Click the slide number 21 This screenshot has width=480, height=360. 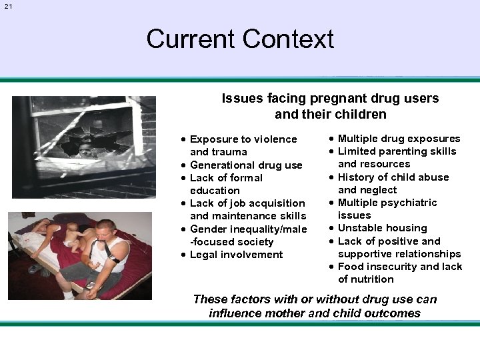pos(8,6)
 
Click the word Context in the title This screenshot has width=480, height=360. pos(289,39)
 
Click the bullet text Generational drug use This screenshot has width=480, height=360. pos(246,165)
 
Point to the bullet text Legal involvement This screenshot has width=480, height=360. pos(236,255)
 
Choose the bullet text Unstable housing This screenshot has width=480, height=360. pos(382,228)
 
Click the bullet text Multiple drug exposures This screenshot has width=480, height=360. pos(399,139)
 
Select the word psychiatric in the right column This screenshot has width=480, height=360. pos(412,203)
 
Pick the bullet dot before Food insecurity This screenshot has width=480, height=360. pos(331,267)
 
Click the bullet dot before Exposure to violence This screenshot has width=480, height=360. pos(183,139)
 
